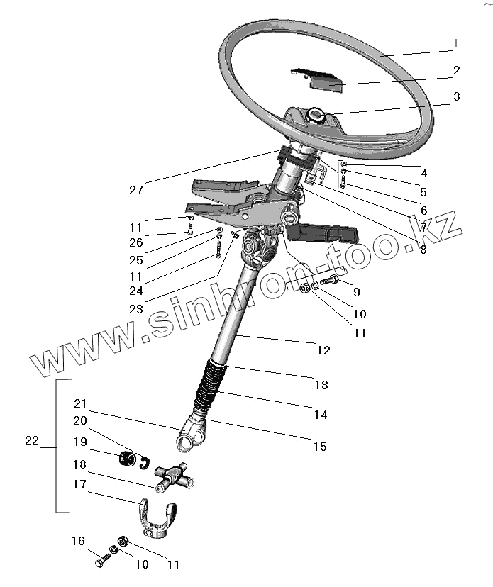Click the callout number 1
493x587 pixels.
455,44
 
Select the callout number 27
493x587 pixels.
136,190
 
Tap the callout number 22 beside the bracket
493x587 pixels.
31,440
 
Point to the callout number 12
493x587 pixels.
323,350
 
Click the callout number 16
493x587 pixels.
78,542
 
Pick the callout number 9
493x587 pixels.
356,291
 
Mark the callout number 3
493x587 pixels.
456,96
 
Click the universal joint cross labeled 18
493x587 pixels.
175,477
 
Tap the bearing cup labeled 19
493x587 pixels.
128,459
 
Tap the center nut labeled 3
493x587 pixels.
316,113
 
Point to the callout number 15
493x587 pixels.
320,447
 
